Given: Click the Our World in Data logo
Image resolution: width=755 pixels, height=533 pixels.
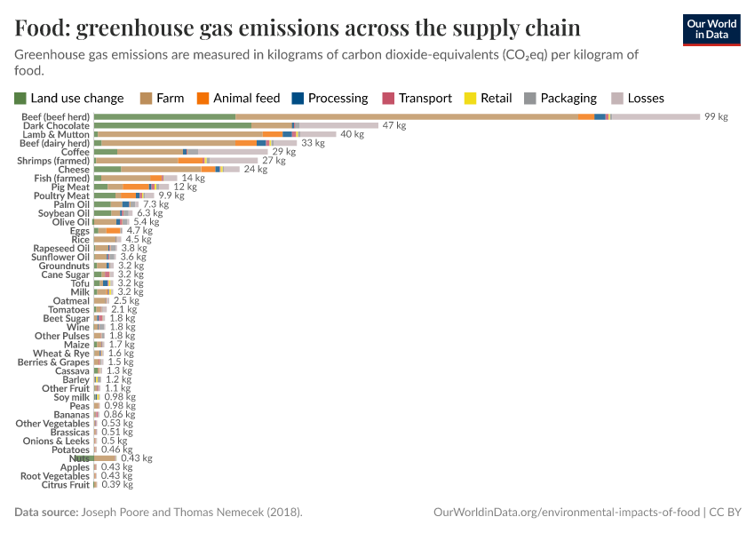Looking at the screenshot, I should point(711,29).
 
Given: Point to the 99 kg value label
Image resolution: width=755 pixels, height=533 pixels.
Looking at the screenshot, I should point(716,116).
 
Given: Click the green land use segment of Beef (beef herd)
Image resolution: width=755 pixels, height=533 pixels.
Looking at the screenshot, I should point(164,116).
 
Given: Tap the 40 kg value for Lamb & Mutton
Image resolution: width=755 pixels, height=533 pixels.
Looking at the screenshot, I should point(352,134).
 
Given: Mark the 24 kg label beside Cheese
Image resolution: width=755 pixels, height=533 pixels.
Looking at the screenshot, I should point(255,169).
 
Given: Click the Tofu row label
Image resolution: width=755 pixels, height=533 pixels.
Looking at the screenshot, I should point(80,283).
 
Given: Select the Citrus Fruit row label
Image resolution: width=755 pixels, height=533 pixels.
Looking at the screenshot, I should point(66,484).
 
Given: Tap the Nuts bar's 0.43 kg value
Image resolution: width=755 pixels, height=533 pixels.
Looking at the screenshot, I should point(136,458).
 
